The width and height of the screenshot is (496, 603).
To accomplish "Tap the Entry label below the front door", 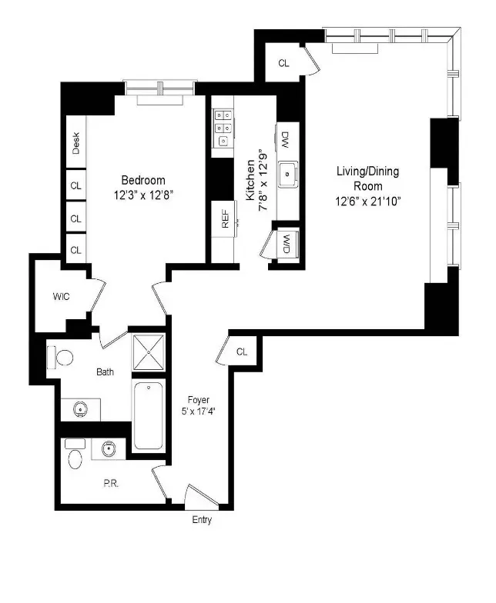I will tap(202, 520).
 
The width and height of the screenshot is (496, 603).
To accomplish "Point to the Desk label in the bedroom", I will tap(75, 144).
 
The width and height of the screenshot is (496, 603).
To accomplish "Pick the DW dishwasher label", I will tap(286, 140).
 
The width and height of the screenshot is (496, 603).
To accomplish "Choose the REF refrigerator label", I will tap(225, 221).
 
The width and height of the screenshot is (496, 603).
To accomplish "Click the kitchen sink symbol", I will tap(289, 174).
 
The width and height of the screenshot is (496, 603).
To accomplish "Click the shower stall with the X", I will tap(147, 354).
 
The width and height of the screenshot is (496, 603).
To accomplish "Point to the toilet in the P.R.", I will tap(75, 457).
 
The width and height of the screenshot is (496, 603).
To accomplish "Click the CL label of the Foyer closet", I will tap(242, 351).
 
